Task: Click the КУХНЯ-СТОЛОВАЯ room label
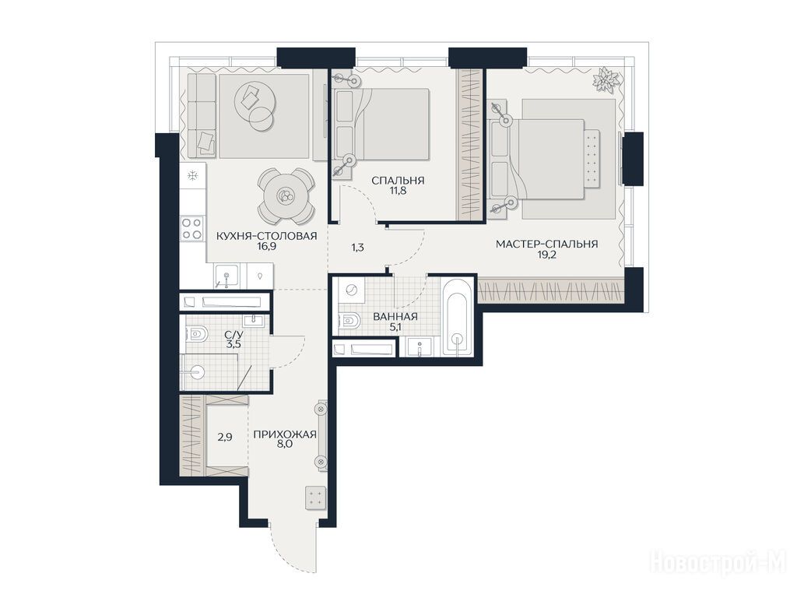point(266,236)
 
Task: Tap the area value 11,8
point(398,192)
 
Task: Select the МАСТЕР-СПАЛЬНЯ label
point(546,244)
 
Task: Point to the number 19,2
point(547,255)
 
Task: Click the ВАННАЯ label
point(395,317)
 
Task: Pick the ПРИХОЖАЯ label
point(285,434)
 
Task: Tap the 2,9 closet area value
point(225,436)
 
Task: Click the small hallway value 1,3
point(358,248)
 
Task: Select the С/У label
point(233,335)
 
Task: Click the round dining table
point(285,196)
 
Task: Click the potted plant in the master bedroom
point(607,80)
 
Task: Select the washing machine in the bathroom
point(351,290)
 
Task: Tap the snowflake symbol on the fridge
point(193,176)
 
